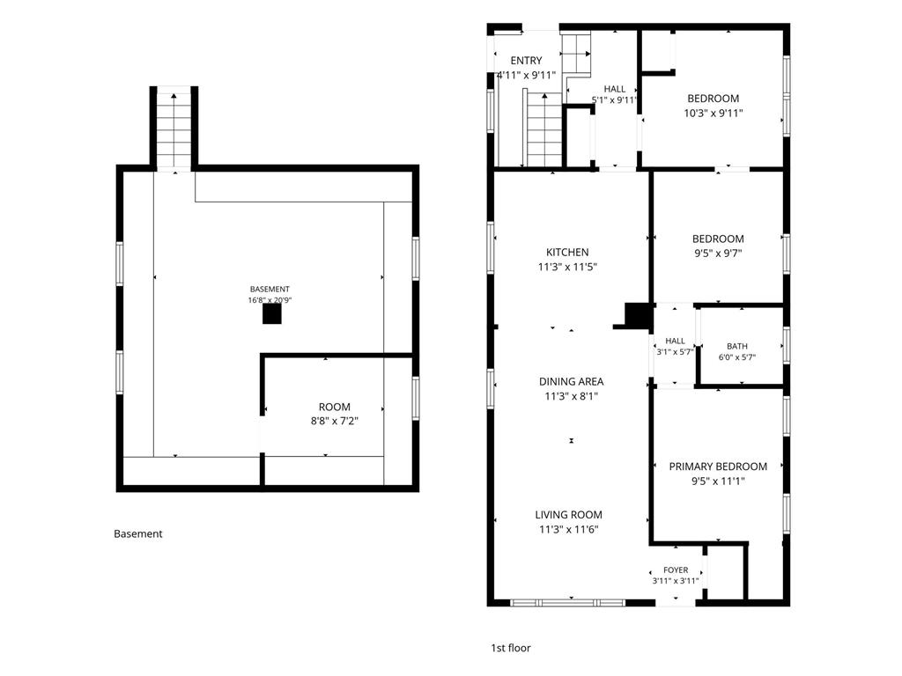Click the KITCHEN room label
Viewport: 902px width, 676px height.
click(x=567, y=253)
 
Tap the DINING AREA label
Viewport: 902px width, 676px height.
click(x=571, y=382)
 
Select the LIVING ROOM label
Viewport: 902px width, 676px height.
click(x=569, y=515)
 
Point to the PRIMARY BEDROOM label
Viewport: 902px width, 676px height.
click(x=718, y=467)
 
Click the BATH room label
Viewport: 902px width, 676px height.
click(x=737, y=346)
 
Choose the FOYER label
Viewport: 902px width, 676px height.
click(x=676, y=570)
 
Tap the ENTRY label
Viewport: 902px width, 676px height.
click(x=527, y=61)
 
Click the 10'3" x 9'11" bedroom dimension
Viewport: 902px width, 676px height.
click(x=713, y=114)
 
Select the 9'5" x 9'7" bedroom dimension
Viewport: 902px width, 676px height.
click(x=718, y=253)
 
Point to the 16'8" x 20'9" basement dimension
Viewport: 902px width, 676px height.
click(x=270, y=300)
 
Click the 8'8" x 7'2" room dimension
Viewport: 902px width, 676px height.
click(x=334, y=422)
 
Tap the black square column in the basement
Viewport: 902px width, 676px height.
click(x=272, y=314)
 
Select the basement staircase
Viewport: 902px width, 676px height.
click(x=174, y=129)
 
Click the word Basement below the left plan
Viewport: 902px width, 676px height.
click(x=138, y=534)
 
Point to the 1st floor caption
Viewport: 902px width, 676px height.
click(x=511, y=649)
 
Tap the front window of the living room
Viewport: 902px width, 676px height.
click(x=568, y=603)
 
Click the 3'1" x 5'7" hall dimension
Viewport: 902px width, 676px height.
click(x=676, y=352)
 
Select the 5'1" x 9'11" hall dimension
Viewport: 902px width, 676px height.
click(x=615, y=100)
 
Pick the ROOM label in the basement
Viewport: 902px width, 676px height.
click(x=334, y=407)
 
